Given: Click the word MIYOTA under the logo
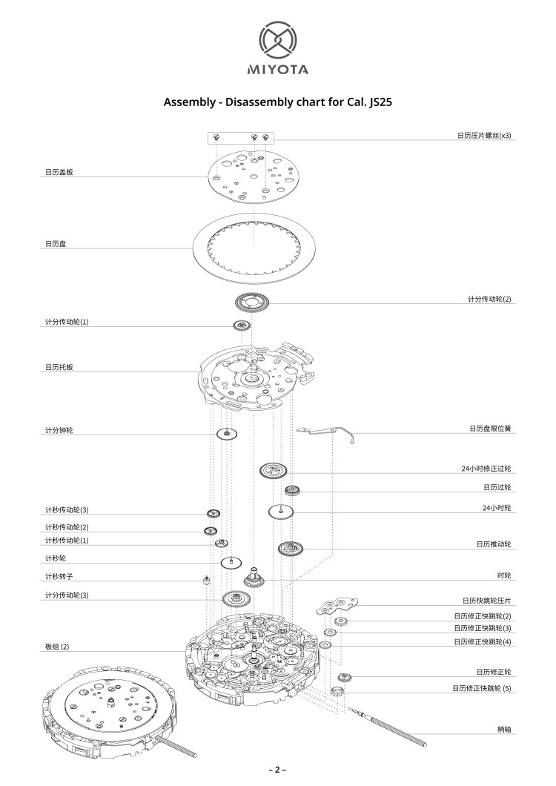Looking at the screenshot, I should point(277,70).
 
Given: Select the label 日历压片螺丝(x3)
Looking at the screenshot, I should point(483,136).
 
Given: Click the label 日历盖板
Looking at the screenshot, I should point(59,172).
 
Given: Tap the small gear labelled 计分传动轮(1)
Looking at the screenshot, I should point(240,326).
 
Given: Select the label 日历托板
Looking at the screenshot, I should point(59,367).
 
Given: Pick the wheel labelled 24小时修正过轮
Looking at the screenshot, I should point(273,470).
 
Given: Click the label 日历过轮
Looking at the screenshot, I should point(497,487).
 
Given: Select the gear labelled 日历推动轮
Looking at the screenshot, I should point(289,549).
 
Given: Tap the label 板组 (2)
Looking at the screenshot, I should point(56,647).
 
